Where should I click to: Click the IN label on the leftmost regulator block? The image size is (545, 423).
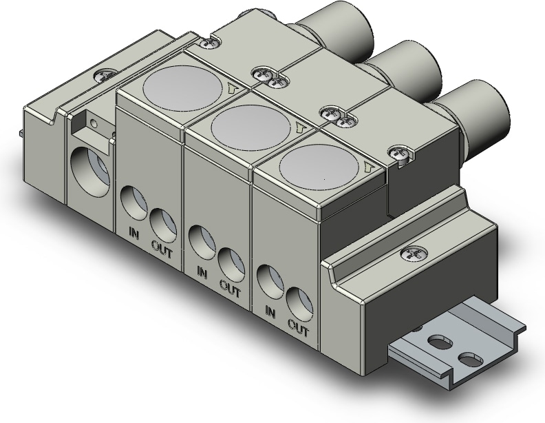point(133,233)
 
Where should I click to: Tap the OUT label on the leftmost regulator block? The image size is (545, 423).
point(162,249)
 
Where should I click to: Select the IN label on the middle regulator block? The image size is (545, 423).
point(202,272)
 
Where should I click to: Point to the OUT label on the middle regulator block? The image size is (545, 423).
point(230,289)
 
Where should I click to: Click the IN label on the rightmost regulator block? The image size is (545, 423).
point(270,311)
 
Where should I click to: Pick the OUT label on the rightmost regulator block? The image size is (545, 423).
point(298,328)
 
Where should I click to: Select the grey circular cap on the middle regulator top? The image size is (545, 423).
point(250,125)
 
